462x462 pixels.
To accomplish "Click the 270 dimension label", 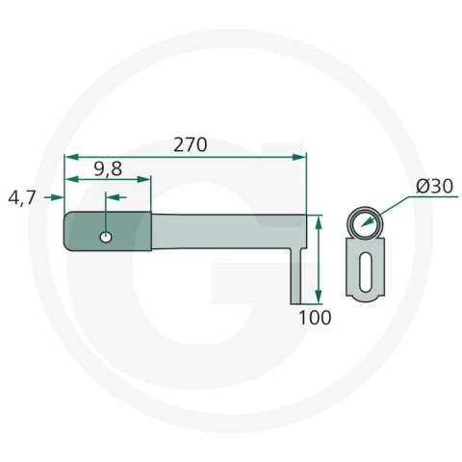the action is pos(191,144).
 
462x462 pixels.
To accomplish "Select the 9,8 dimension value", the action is pos(108,169).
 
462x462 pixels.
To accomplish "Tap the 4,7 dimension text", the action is pos(22,197).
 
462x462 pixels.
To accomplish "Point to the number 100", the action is pos(315,318).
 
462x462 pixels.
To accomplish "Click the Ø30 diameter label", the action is pos(435,187).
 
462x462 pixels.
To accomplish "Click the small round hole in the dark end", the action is pos(106,238).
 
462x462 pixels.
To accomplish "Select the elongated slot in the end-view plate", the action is pos(365,268).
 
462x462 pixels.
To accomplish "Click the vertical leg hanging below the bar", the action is pos(295,276).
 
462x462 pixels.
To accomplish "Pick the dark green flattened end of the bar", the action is pos(108,231).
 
